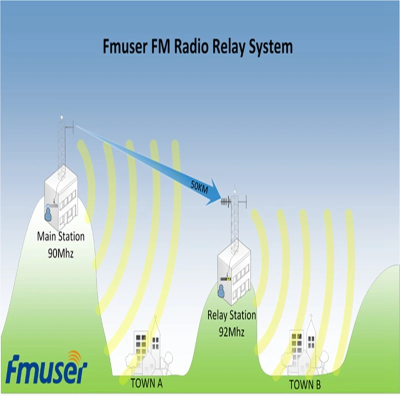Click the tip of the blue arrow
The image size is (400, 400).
[220, 199]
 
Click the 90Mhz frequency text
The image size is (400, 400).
[61, 252]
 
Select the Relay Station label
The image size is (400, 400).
[231, 315]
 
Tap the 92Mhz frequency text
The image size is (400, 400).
[231, 330]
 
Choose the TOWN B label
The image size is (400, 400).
[305, 384]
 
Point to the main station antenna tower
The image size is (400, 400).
[61, 145]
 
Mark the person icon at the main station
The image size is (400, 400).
[48, 214]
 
